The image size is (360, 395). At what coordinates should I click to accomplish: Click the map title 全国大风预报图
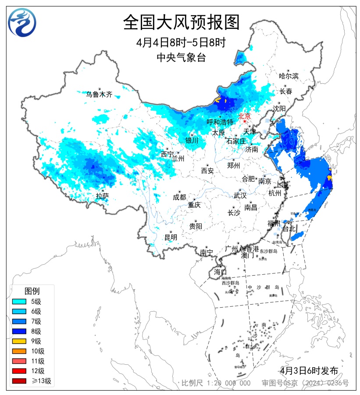coord(181,22)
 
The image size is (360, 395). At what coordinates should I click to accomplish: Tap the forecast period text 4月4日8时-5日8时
coord(181,43)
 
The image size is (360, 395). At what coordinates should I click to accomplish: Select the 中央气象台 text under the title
coord(181,57)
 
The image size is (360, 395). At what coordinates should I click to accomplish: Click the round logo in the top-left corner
coord(22,22)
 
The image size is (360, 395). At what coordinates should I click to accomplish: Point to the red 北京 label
coord(244,116)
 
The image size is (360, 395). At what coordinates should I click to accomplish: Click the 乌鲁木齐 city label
coord(99,94)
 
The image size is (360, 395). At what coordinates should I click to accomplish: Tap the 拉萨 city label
coord(102,196)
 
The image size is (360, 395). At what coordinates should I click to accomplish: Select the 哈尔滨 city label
coord(288,76)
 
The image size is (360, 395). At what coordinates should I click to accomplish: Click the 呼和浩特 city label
coord(220,122)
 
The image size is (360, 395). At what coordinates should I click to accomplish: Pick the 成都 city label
coord(179,197)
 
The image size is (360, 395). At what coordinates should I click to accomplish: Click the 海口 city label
coord(220,272)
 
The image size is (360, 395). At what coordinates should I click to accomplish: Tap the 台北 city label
coord(290,229)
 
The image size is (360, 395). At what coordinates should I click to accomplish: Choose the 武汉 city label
coord(240,195)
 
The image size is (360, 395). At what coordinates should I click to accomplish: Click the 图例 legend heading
coord(32,291)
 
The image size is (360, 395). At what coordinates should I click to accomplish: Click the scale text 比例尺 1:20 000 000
coord(216,383)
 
